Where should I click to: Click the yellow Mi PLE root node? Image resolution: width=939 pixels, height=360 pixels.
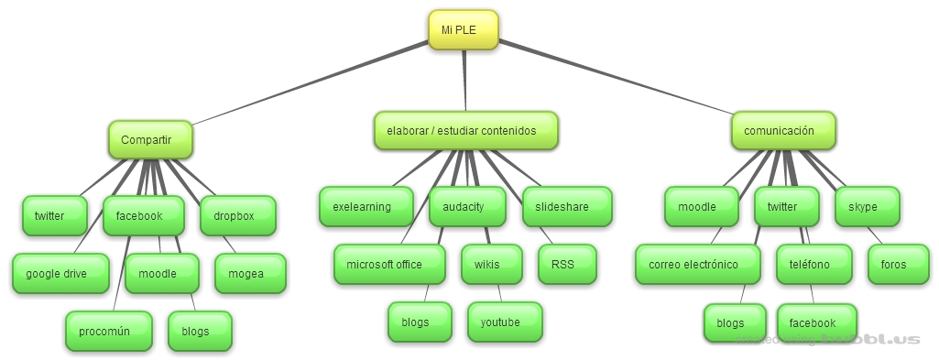point(464,29)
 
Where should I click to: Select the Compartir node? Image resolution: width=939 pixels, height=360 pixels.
point(151,139)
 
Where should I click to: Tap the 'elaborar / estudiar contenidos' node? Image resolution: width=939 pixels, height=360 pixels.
point(465,131)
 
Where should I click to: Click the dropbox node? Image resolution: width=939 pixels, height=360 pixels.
point(237,216)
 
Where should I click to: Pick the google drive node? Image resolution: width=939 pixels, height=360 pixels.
point(60,273)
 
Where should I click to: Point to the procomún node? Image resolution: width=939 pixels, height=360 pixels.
point(108,331)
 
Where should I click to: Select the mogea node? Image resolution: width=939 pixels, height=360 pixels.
point(250,273)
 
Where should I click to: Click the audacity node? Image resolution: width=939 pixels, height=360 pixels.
point(467,207)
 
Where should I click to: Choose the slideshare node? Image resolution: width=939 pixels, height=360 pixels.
point(567,207)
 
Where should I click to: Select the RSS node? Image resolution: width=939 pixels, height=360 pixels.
point(566,265)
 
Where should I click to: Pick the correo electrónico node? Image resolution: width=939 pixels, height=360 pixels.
point(697,265)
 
